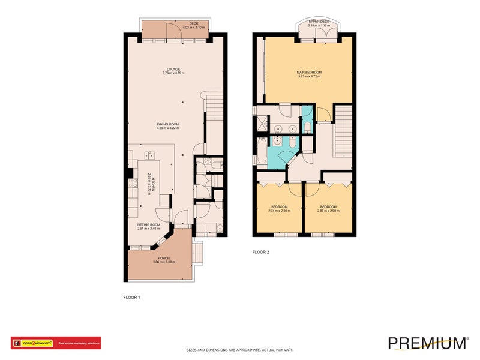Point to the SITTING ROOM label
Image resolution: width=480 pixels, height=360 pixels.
click(x=149, y=226)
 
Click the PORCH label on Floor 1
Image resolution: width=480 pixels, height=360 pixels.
click(x=164, y=260)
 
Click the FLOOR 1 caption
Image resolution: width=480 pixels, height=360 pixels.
click(x=131, y=297)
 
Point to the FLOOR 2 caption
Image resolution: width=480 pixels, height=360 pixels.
click(x=260, y=252)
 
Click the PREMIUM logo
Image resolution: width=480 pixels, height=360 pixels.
click(x=427, y=343)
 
